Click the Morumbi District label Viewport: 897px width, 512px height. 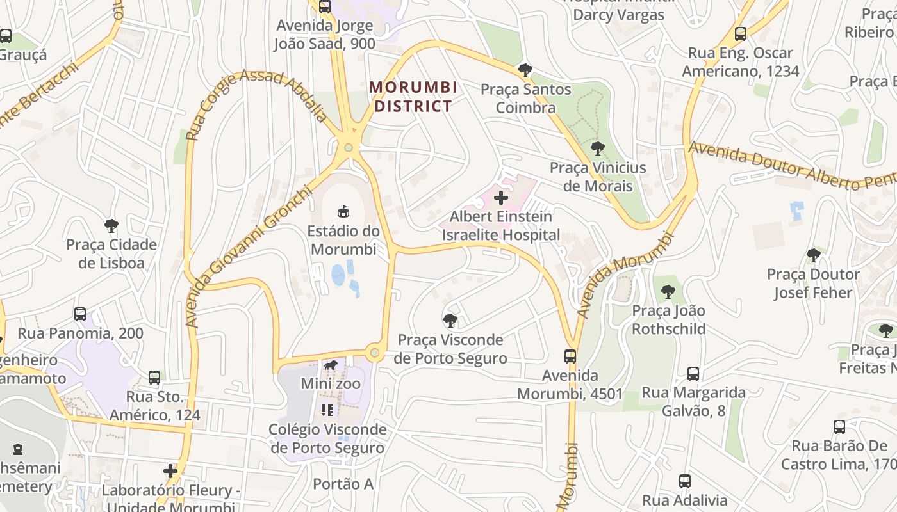[413, 96]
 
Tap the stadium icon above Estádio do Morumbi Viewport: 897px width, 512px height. [343, 211]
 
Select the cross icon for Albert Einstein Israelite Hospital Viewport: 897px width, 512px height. [501, 198]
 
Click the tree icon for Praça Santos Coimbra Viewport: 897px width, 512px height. [525, 70]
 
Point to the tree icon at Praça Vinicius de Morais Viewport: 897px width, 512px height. [598, 148]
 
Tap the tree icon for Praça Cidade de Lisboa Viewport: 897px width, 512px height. [111, 225]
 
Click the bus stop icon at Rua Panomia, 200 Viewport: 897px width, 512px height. [80, 314]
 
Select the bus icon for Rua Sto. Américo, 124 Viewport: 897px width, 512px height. [154, 378]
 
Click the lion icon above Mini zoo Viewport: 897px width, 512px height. [331, 366]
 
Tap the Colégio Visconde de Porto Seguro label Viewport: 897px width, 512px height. [328, 438]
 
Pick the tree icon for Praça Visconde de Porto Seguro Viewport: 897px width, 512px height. [450, 320]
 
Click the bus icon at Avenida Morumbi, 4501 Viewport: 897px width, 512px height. [570, 356]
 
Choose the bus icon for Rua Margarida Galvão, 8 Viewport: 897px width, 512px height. [693, 373]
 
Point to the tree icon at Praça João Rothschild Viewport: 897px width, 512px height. [668, 292]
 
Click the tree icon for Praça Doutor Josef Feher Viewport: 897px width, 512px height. [814, 255]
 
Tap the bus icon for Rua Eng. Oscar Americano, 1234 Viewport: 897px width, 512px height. [741, 34]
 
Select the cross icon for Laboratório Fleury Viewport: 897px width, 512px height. [170, 472]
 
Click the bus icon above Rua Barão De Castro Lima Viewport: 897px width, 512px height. [839, 427]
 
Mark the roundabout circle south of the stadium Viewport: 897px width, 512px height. [375, 353]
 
